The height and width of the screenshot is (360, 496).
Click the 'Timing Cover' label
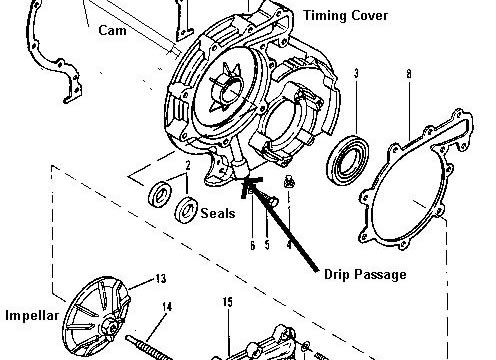click(345, 16)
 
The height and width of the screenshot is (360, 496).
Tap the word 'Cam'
click(112, 30)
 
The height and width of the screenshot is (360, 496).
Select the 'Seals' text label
click(218, 213)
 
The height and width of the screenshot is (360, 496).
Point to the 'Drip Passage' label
click(365, 274)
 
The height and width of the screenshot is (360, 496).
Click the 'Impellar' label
click(32, 315)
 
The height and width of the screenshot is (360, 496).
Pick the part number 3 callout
click(356, 73)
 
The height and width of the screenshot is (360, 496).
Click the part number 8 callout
click(409, 74)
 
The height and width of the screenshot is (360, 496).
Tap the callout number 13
click(161, 278)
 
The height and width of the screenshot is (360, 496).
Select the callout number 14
click(167, 306)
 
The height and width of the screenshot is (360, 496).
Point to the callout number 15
click(228, 302)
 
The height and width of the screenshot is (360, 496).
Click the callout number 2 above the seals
click(188, 165)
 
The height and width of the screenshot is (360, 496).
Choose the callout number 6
click(253, 245)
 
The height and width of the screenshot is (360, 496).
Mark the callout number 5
click(267, 245)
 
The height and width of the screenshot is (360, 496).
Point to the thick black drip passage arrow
click(280, 223)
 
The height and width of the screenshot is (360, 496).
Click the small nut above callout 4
click(289, 182)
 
